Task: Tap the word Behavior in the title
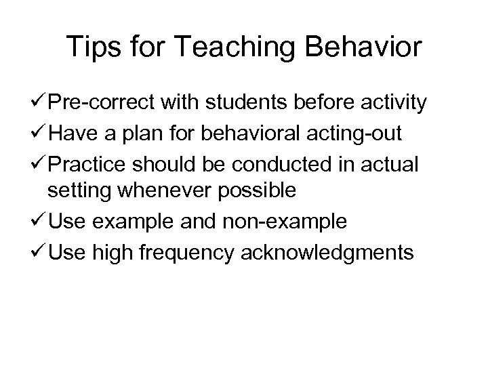tap(365, 48)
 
